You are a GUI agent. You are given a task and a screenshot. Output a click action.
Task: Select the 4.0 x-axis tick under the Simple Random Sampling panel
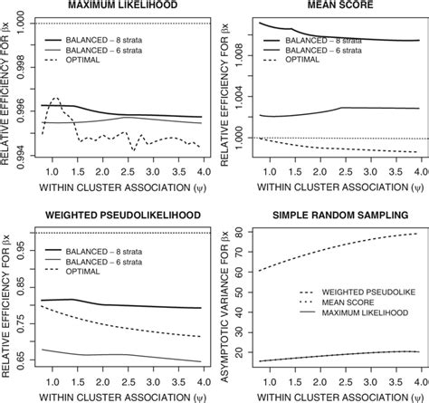[x=420, y=380]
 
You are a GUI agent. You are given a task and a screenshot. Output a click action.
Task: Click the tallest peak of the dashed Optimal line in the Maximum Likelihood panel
[x=54, y=97]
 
